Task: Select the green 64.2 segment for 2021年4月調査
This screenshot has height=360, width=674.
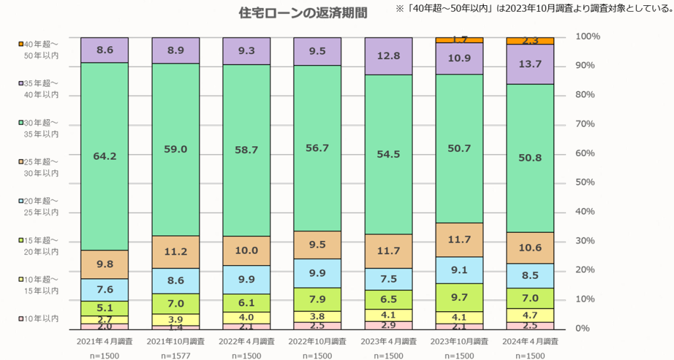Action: pyautogui.click(x=104, y=156)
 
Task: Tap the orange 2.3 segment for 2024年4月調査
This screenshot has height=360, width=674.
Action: pyautogui.click(x=531, y=41)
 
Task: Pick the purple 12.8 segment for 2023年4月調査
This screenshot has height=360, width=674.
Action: pyautogui.click(x=388, y=56)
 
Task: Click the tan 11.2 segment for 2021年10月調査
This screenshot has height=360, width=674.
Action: pyautogui.click(x=175, y=251)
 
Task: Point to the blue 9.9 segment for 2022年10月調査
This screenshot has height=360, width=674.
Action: pyautogui.click(x=317, y=273)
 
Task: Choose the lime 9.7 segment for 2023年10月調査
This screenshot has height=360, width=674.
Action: pyautogui.click(x=459, y=297)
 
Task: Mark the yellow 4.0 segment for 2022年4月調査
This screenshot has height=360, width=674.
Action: pyautogui.click(x=246, y=317)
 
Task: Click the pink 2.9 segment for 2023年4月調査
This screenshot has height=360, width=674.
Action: pyautogui.click(x=388, y=325)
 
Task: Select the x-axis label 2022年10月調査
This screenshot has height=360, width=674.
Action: pyautogui.click(x=317, y=342)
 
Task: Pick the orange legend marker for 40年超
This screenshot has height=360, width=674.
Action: pyautogui.click(x=21, y=44)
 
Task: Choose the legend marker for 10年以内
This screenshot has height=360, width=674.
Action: pyautogui.click(x=21, y=319)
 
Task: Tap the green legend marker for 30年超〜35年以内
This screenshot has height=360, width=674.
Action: pyautogui.click(x=21, y=123)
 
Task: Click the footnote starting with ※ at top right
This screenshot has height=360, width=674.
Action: pyautogui.click(x=533, y=9)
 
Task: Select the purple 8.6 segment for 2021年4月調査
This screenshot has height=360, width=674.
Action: pyautogui.click(x=104, y=49)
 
